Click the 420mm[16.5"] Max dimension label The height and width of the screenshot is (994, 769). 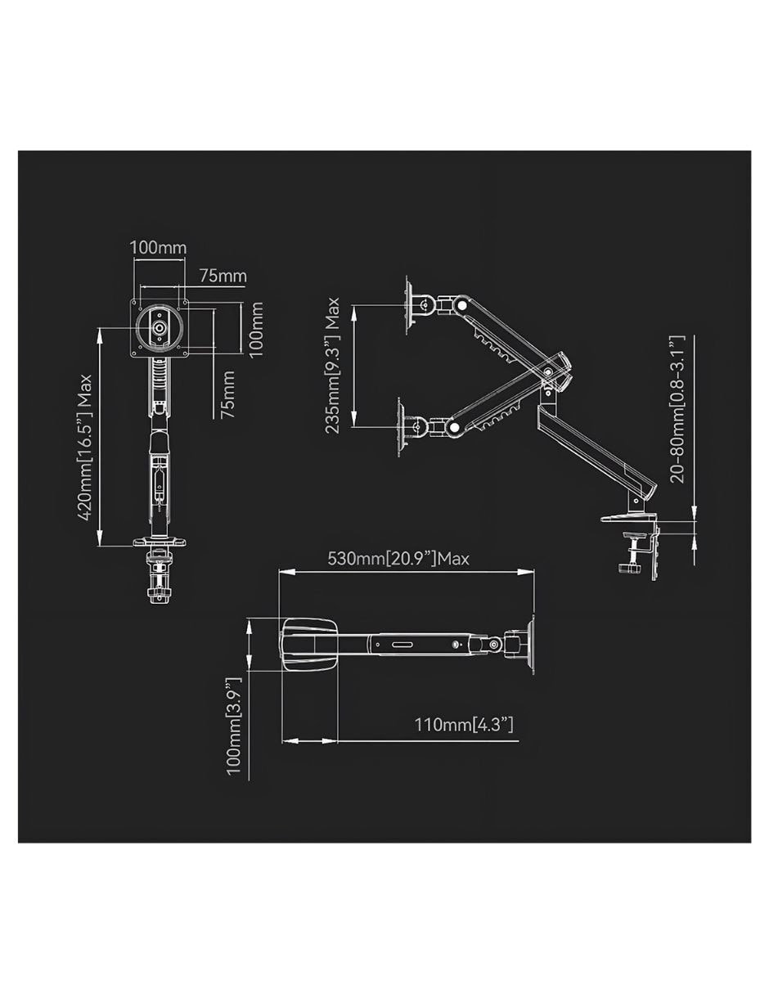point(85,448)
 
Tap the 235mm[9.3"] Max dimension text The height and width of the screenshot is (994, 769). point(332,365)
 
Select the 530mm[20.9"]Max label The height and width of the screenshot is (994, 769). point(398,559)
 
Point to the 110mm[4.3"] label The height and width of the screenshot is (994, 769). point(464,725)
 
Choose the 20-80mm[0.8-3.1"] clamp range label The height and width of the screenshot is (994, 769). point(677,408)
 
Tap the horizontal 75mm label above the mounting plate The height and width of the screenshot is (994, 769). point(223,277)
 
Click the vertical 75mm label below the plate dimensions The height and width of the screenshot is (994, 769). point(227,394)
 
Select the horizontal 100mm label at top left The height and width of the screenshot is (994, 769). point(158,248)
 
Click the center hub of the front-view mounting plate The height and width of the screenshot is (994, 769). point(160,327)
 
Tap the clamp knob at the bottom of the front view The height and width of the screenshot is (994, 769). point(158,594)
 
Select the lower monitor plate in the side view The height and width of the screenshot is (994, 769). point(402,427)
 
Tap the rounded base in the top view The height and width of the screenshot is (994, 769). point(310,645)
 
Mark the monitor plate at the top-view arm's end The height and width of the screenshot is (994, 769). point(530,644)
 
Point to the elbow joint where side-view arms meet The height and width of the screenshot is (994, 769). point(548,371)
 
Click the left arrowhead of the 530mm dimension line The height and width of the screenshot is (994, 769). point(286,572)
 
